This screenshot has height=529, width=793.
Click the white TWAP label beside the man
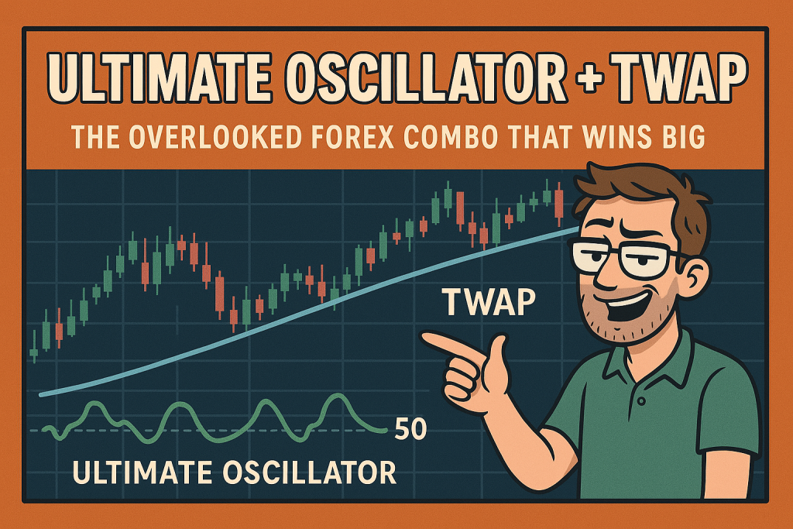(x=489, y=302)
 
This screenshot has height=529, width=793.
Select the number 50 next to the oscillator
(x=410, y=429)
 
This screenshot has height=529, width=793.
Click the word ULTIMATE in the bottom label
(x=142, y=472)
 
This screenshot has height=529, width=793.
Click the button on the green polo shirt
(x=642, y=400)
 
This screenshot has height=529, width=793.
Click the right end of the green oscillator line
(x=386, y=431)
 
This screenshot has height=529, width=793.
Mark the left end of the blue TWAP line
(x=40, y=394)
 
